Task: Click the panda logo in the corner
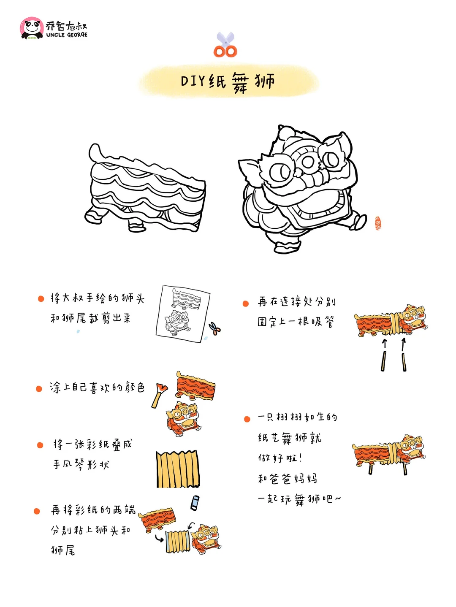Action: tap(32, 28)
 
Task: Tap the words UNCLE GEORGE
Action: tap(67, 35)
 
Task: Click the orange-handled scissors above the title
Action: tap(225, 44)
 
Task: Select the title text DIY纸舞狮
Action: tap(228, 82)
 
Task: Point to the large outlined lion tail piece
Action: tap(145, 188)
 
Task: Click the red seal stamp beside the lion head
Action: tap(378, 223)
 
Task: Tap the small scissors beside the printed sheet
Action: tap(214, 328)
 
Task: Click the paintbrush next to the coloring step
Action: tap(160, 395)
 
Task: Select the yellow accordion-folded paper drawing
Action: tap(178, 469)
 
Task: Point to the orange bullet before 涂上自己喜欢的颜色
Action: tap(39, 388)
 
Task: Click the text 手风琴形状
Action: tap(81, 464)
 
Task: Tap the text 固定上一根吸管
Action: tap(296, 322)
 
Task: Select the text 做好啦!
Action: tap(280, 458)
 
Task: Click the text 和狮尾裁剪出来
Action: tap(90, 318)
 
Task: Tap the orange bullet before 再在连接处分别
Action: tap(246, 303)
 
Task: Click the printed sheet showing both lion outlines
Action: tap(183, 314)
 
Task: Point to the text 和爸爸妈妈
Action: tap(287, 478)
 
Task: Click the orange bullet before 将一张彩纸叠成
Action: tap(40, 445)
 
